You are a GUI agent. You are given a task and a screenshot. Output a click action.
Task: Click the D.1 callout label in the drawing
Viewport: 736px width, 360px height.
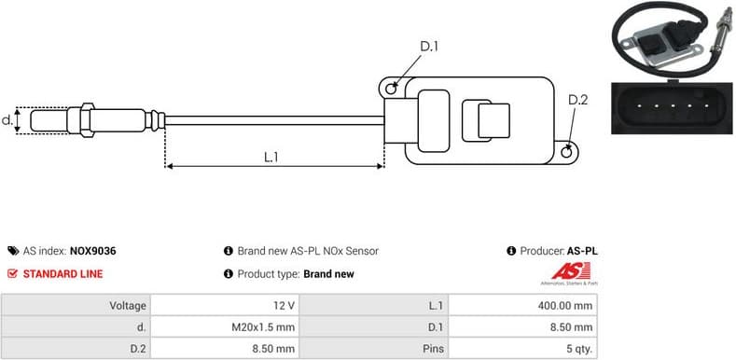(429, 46)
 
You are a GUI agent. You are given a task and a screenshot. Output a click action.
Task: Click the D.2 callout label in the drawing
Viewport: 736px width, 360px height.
(578, 100)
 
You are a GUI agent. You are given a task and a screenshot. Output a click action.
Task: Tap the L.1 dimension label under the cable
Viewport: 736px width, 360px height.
(271, 158)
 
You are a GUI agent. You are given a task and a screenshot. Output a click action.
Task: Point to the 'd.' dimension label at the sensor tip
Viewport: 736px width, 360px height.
(7, 120)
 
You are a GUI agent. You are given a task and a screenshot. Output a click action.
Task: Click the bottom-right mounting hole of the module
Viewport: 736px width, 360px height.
(569, 146)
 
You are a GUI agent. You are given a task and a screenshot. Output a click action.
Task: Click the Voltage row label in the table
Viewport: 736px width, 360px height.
(128, 306)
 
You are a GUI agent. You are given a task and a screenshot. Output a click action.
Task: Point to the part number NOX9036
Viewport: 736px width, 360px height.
(92, 251)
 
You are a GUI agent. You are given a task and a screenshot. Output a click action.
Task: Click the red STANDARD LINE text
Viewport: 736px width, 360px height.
(62, 274)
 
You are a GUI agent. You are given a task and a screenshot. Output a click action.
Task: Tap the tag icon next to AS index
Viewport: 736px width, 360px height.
(12, 251)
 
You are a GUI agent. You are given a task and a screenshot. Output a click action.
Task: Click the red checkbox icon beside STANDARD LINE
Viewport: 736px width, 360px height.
(12, 274)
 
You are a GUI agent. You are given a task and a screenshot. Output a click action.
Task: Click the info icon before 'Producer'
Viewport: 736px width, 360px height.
(511, 251)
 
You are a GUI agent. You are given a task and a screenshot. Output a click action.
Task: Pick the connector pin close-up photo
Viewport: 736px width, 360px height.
(670, 107)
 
